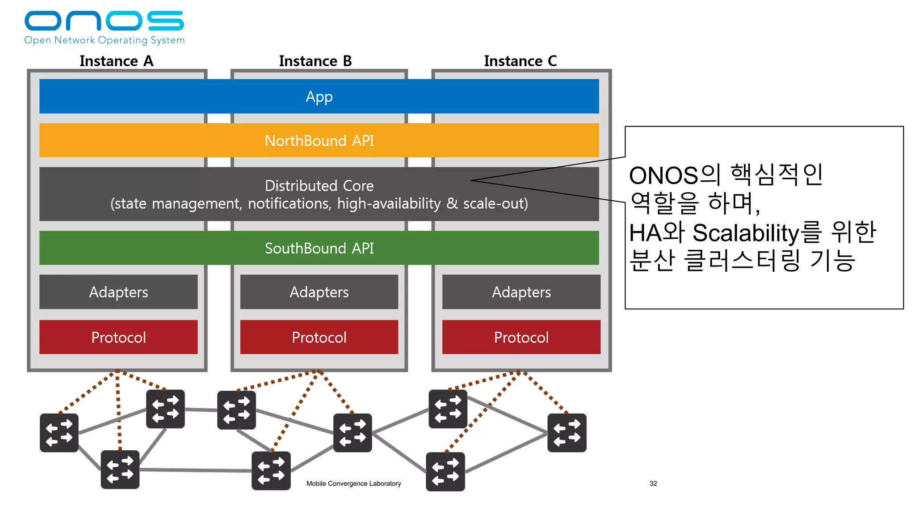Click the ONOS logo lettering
click(104, 21)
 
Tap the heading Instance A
click(116, 61)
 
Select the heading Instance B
click(315, 61)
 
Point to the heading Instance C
click(520, 61)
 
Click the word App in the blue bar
click(319, 97)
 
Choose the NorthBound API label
click(319, 141)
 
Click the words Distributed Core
click(319, 186)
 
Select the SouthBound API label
click(319, 248)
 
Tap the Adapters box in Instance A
click(118, 292)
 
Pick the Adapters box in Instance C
click(521, 292)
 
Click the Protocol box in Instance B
click(319, 337)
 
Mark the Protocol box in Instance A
click(118, 337)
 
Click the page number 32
click(653, 483)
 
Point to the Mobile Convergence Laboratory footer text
click(353, 483)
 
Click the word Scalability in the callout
click(745, 233)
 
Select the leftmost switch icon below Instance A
click(59, 433)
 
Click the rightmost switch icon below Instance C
click(567, 433)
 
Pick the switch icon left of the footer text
click(271, 470)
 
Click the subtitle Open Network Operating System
click(104, 40)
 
